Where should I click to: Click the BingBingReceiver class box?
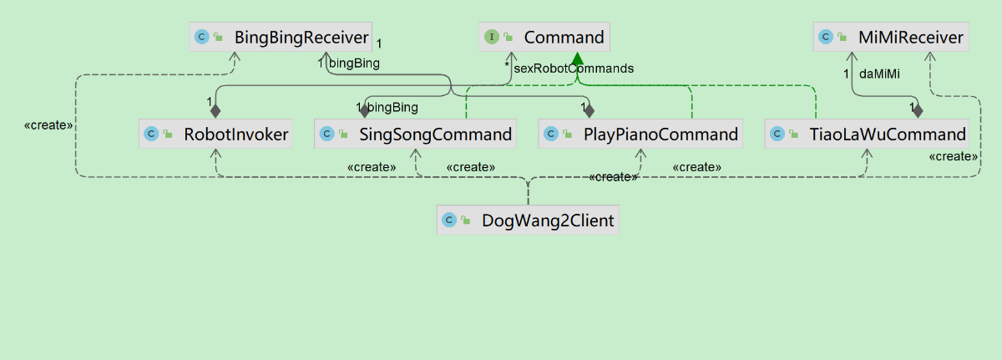281,37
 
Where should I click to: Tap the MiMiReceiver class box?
891,37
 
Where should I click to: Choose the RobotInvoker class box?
215,134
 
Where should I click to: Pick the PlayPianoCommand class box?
640,134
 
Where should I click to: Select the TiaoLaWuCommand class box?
867,134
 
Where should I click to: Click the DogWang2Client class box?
528,221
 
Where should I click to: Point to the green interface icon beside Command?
492,37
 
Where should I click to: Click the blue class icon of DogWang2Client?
448,221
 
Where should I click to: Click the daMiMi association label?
879,74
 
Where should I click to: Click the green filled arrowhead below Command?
576,58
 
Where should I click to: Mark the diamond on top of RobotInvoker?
215,110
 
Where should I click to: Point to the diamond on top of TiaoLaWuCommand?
918,110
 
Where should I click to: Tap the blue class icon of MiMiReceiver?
826,37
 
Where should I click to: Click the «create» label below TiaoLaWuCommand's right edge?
954,156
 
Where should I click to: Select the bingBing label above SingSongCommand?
392,107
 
